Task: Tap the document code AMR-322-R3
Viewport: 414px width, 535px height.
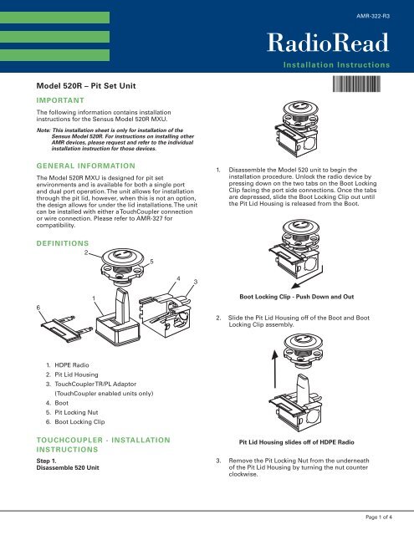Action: click(x=373, y=15)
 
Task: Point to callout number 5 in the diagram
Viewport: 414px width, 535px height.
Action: click(x=151, y=262)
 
